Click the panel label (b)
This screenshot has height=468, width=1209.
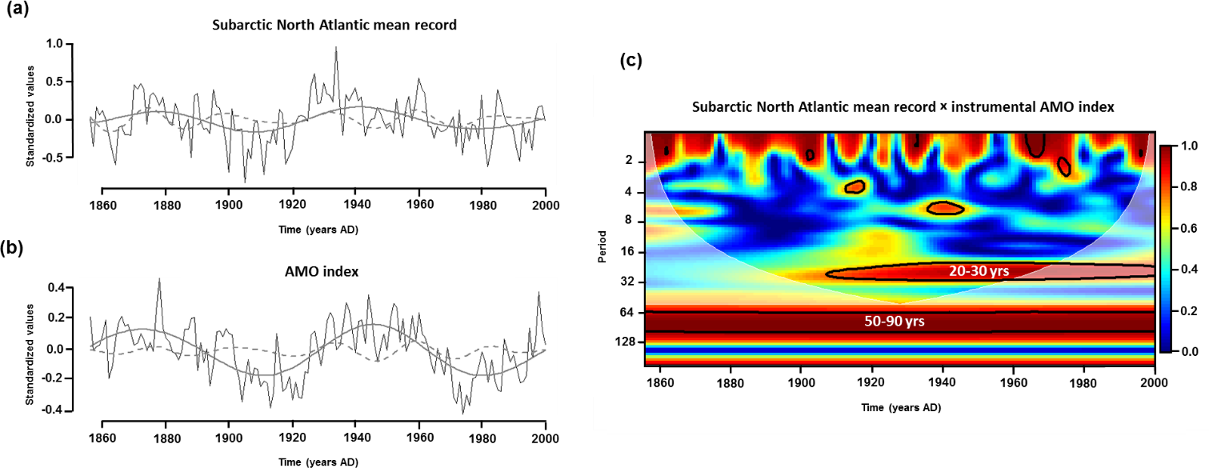[17, 248]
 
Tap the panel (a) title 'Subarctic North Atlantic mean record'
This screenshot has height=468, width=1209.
[334, 25]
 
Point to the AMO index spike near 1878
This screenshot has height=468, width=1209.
[159, 279]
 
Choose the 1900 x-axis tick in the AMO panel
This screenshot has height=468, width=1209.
[229, 437]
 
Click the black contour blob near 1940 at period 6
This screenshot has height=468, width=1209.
[944, 208]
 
